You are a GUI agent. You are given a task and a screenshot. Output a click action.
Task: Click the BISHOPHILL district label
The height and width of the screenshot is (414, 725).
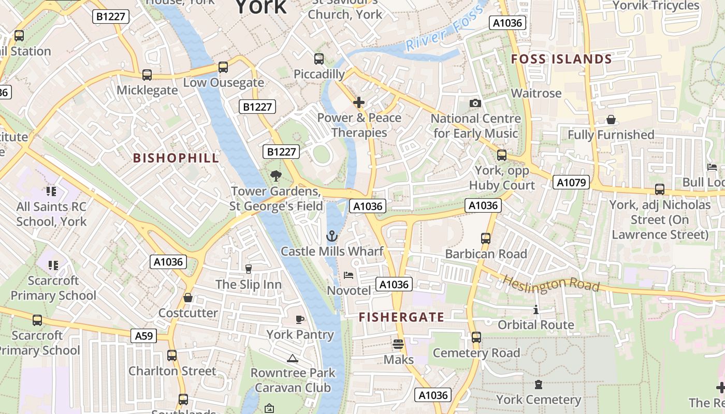(x=176, y=158)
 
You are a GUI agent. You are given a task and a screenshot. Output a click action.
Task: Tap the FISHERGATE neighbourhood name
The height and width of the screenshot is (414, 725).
(x=401, y=317)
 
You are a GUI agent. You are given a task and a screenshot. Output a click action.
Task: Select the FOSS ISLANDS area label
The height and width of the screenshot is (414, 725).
(x=561, y=60)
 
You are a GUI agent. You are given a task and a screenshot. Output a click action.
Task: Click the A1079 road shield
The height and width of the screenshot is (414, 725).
(x=571, y=182)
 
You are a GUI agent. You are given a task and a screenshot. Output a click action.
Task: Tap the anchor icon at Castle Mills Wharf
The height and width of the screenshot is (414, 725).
(x=331, y=236)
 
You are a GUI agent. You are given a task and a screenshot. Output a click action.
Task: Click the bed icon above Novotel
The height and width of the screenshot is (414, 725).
(x=349, y=275)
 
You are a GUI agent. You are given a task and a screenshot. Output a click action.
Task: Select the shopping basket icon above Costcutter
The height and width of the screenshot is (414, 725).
(x=188, y=298)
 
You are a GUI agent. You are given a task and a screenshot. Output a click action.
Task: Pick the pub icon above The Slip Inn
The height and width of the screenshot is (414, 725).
(x=248, y=269)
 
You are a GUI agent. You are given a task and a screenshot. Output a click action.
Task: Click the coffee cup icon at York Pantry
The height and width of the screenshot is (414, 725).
(x=299, y=319)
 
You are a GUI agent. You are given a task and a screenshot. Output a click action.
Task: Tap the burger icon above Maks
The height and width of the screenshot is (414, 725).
(x=398, y=344)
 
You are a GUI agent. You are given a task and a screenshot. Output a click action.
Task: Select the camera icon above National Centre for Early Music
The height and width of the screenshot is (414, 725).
(x=475, y=103)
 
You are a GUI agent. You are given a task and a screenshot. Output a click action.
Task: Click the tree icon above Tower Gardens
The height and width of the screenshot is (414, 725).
(x=275, y=176)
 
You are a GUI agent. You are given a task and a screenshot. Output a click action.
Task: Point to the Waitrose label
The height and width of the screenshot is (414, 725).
(x=536, y=93)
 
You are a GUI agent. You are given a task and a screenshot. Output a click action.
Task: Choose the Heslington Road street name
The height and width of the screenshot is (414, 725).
(x=551, y=284)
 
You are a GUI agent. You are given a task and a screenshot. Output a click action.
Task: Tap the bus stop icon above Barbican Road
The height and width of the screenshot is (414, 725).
(x=485, y=239)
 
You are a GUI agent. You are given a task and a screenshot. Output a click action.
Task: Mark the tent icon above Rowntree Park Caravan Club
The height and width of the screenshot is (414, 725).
(x=293, y=358)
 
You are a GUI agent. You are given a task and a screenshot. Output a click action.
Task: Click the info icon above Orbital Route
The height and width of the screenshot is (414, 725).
(x=535, y=310)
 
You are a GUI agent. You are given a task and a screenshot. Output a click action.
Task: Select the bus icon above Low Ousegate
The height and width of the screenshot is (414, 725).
(x=223, y=67)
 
